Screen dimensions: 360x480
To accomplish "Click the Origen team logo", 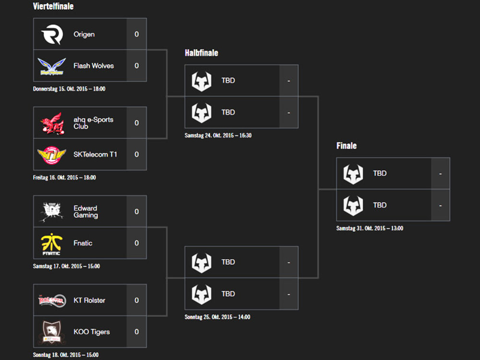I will pyautogui.click(x=52, y=35).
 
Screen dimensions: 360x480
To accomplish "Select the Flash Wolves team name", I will pyautogui.click(x=94, y=66).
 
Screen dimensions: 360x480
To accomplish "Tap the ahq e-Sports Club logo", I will pyautogui.click(x=52, y=123).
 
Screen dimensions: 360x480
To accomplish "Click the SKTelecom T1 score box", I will pyautogui.click(x=136, y=155).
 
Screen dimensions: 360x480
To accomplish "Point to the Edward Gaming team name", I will pyautogui.click(x=85, y=212).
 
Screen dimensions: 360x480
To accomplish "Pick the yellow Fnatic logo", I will pyautogui.click(x=52, y=243).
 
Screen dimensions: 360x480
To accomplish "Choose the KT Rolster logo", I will pyautogui.click(x=52, y=300).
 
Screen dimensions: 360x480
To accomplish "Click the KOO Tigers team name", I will pyautogui.click(x=91, y=332).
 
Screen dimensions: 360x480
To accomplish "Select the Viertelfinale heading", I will pyautogui.click(x=53, y=7).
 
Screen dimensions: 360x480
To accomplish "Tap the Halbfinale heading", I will pyautogui.click(x=201, y=53).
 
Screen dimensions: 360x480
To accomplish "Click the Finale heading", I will pyautogui.click(x=347, y=145).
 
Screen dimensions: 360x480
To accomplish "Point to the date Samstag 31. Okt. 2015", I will pyautogui.click(x=370, y=228).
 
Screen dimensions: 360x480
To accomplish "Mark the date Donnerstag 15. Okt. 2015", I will pyautogui.click(x=69, y=89).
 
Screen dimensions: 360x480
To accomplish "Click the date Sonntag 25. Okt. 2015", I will pyautogui.click(x=217, y=317).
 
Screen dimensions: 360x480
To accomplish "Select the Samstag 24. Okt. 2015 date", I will pyautogui.click(x=218, y=135).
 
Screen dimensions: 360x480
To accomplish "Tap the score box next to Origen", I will pyautogui.click(x=136, y=35).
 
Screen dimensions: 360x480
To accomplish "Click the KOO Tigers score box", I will pyautogui.click(x=136, y=332).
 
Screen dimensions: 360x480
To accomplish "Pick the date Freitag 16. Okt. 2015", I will pyautogui.click(x=64, y=178).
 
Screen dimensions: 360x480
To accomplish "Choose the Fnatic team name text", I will pyautogui.click(x=83, y=243).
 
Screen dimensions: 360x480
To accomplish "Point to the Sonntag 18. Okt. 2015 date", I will pyautogui.click(x=66, y=355).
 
